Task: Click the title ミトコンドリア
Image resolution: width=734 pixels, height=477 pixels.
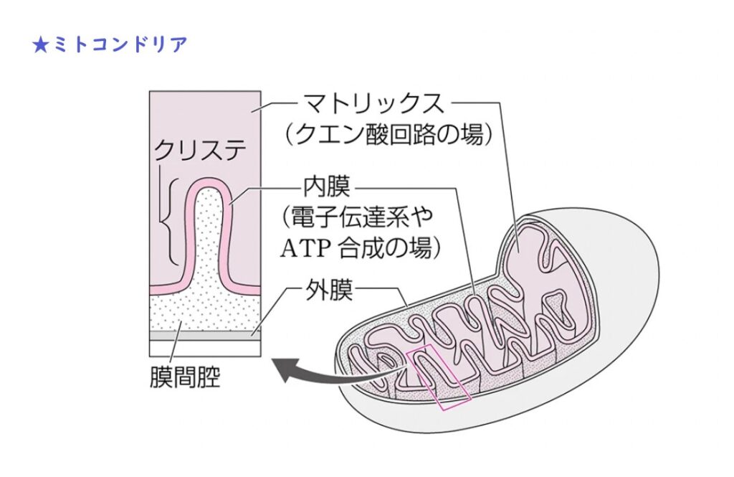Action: pyautogui.click(x=119, y=44)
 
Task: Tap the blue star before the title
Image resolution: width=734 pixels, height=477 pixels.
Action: pyautogui.click(x=40, y=44)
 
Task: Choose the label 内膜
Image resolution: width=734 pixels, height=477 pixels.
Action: pyautogui.click(x=327, y=189)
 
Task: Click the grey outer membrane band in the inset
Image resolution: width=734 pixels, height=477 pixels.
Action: pyautogui.click(x=204, y=334)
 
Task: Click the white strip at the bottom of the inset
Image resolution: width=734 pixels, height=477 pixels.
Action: pyautogui.click(x=204, y=347)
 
